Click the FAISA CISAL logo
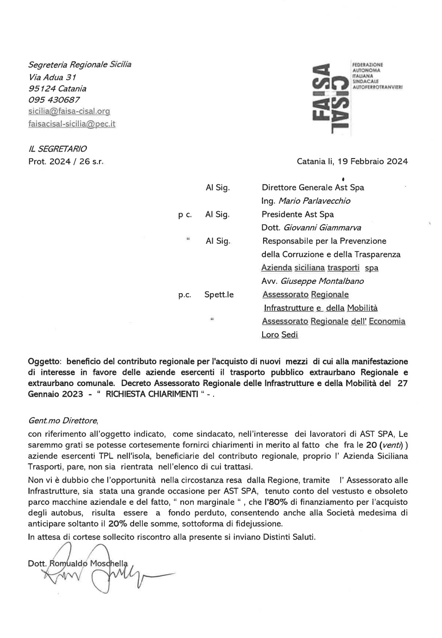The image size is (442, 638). click(331, 98)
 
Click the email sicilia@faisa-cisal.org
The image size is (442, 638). click(69, 111)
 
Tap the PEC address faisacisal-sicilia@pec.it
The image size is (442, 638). click(72, 124)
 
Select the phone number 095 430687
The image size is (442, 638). click(54, 100)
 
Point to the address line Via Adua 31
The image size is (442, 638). click(52, 77)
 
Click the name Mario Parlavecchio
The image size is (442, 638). click(314, 201)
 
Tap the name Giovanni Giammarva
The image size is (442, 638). click(322, 228)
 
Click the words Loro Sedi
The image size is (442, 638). click(280, 335)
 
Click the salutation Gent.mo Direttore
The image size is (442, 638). click(63, 421)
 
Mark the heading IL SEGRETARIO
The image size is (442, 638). click(57, 149)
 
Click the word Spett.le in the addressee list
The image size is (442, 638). click(219, 295)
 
